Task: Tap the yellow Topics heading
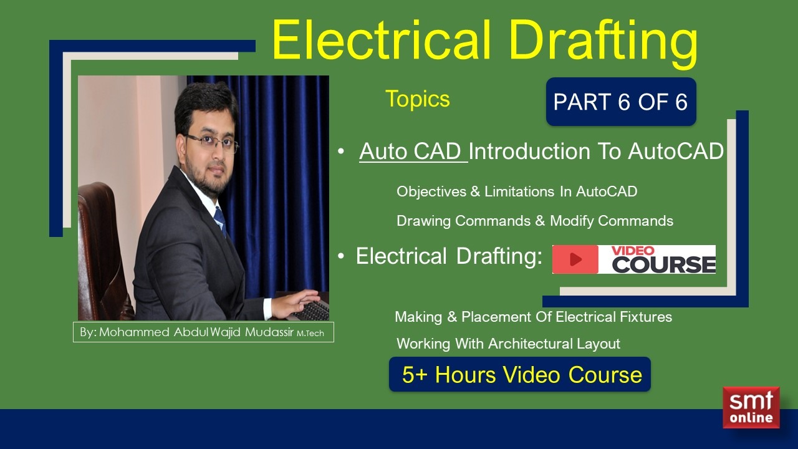417,99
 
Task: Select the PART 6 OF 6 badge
620,102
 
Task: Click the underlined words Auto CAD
413,152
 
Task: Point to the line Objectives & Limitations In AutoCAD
516,191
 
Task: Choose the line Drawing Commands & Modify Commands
534,221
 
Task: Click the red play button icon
575,259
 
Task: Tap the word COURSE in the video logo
663,264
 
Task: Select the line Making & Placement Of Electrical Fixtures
533,317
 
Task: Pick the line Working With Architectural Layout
508,344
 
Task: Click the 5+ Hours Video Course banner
520,374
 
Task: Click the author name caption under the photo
203,332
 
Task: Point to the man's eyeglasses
212,143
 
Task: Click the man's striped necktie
219,220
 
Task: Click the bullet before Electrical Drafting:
341,257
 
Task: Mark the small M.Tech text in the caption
310,334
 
